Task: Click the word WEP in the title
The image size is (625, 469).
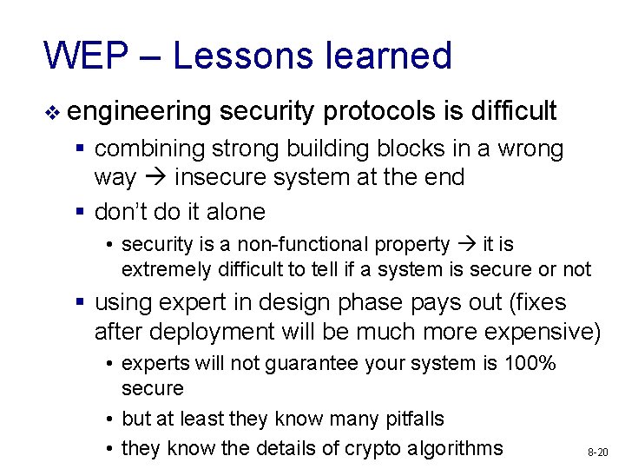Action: tap(83, 56)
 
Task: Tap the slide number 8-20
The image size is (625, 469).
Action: tap(597, 452)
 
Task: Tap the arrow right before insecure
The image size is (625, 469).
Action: tap(155, 177)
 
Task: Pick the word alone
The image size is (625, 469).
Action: tap(235, 212)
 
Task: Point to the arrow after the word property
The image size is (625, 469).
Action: tap(467, 245)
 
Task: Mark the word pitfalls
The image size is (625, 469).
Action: tap(409, 419)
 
